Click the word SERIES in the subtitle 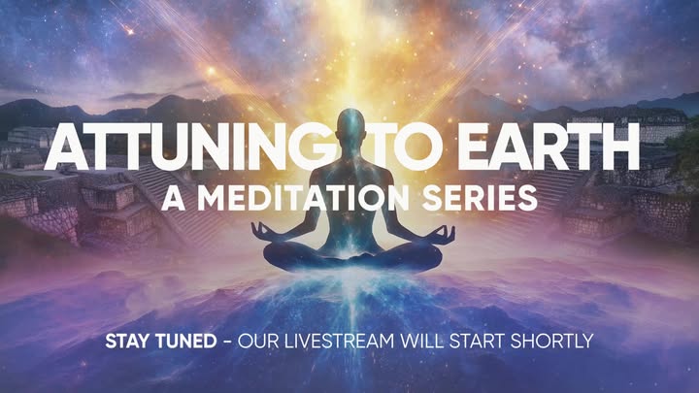480,197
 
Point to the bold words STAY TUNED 161,342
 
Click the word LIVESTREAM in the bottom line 339,342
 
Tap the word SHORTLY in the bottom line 551,342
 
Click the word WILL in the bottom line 421,342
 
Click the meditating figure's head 350,127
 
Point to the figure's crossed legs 352,258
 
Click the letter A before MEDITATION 174,197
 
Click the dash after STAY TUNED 227,342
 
